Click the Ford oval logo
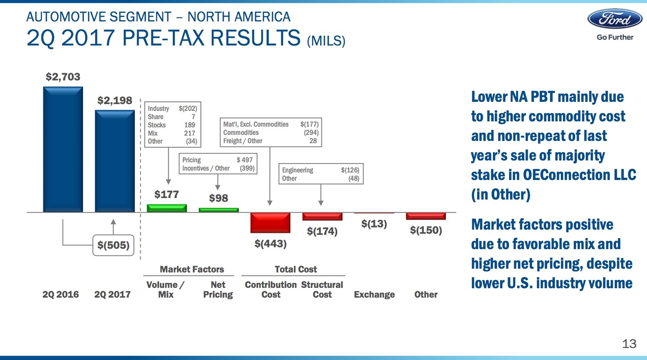615,19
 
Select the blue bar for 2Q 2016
63,150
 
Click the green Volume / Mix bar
167,208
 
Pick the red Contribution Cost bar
270,222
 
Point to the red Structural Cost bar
322,216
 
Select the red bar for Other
426,216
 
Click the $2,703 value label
63,77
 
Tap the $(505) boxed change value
113,245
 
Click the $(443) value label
270,244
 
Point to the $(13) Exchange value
374,224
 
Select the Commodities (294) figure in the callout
311,133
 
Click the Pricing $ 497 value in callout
245,160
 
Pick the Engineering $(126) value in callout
350,170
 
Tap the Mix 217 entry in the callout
189,133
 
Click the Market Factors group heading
192,269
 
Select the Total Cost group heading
295,269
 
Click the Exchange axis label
374,295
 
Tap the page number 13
629,344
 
